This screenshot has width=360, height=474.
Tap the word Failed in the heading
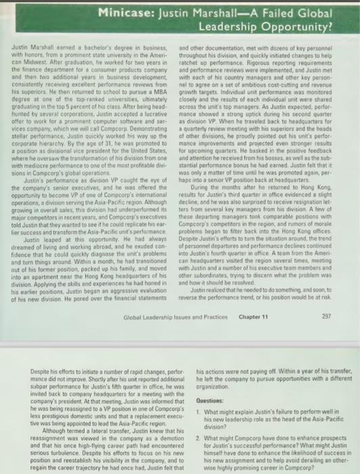(270, 12)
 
